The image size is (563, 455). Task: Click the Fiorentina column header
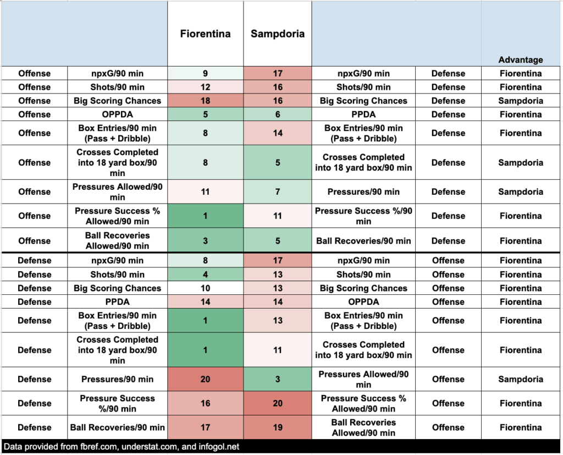click(205, 34)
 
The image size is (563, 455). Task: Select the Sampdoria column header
click(277, 34)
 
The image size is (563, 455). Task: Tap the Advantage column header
click(520, 60)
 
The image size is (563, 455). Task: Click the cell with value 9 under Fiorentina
click(205, 74)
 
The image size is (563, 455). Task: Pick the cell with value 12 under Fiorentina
click(205, 87)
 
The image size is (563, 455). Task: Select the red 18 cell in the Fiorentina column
click(205, 101)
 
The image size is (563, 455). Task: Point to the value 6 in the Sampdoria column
click(277, 115)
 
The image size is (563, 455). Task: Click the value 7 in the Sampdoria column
click(277, 192)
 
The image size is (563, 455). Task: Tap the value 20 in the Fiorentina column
click(205, 380)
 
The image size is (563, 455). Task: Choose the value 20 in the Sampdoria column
click(277, 404)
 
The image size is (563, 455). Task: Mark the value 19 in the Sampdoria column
click(277, 427)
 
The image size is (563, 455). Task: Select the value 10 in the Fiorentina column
click(205, 288)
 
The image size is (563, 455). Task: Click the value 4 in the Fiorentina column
click(205, 275)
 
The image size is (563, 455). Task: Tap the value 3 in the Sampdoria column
click(277, 380)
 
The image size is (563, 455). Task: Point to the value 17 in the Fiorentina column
click(205, 427)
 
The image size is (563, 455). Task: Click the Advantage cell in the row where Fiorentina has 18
click(520, 101)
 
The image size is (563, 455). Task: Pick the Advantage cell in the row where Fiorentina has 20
click(520, 380)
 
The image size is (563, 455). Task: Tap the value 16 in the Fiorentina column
click(205, 404)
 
